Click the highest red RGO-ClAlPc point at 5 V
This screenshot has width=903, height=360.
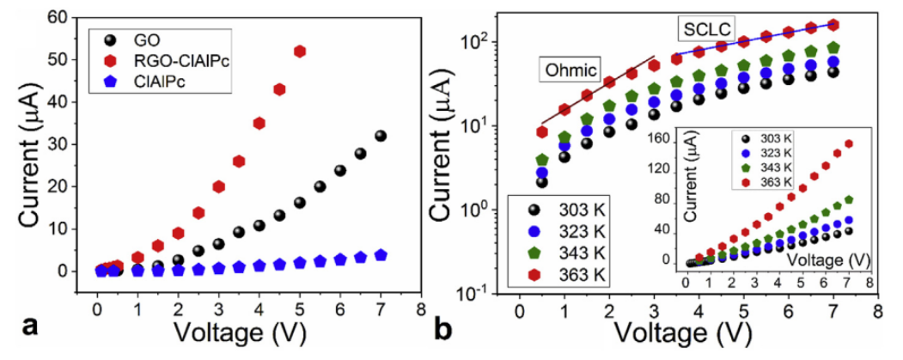click(300, 52)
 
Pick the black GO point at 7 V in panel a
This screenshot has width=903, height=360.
click(381, 136)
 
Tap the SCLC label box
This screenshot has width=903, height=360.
click(705, 30)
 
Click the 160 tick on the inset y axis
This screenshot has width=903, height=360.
click(662, 137)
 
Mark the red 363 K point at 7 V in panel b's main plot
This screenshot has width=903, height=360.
click(833, 25)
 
